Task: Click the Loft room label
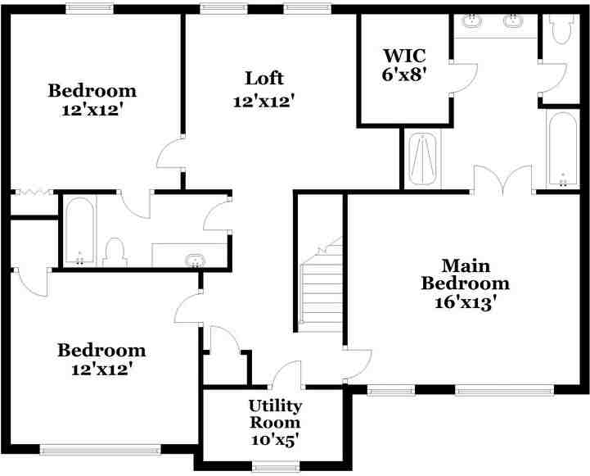tap(263, 79)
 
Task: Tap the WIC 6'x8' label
tap(403, 63)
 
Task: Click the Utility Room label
tap(275, 415)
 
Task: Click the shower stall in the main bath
tap(423, 160)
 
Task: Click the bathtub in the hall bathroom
tap(79, 231)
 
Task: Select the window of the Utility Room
tap(273, 468)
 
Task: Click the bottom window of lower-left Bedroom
tap(100, 449)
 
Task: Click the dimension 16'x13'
tap(465, 301)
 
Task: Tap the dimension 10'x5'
tap(275, 440)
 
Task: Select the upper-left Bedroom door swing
tap(169, 153)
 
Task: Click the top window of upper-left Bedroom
tap(89, 9)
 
